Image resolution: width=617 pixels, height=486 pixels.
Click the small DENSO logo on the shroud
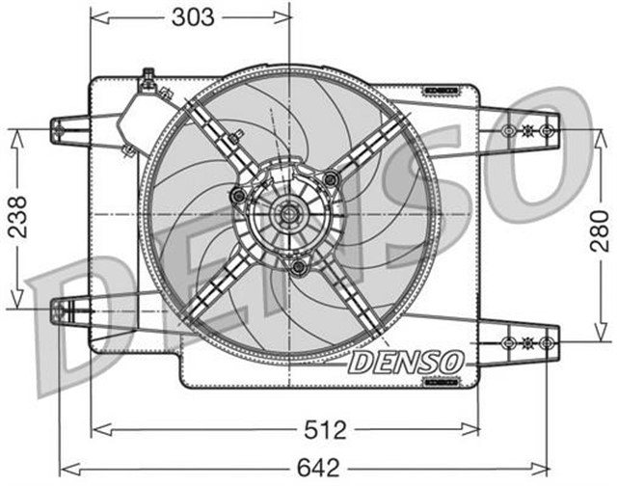click(405, 362)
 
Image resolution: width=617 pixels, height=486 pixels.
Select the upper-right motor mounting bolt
click(331, 176)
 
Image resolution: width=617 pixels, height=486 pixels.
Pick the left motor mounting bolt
click(237, 198)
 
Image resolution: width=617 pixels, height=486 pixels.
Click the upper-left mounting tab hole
click(60, 128)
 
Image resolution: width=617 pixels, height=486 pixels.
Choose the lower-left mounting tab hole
click(60, 310)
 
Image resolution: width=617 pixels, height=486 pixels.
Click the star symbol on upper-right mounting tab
click(526, 129)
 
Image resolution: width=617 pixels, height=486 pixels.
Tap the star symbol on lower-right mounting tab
click(526, 342)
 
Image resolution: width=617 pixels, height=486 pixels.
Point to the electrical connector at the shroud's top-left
click(149, 83)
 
